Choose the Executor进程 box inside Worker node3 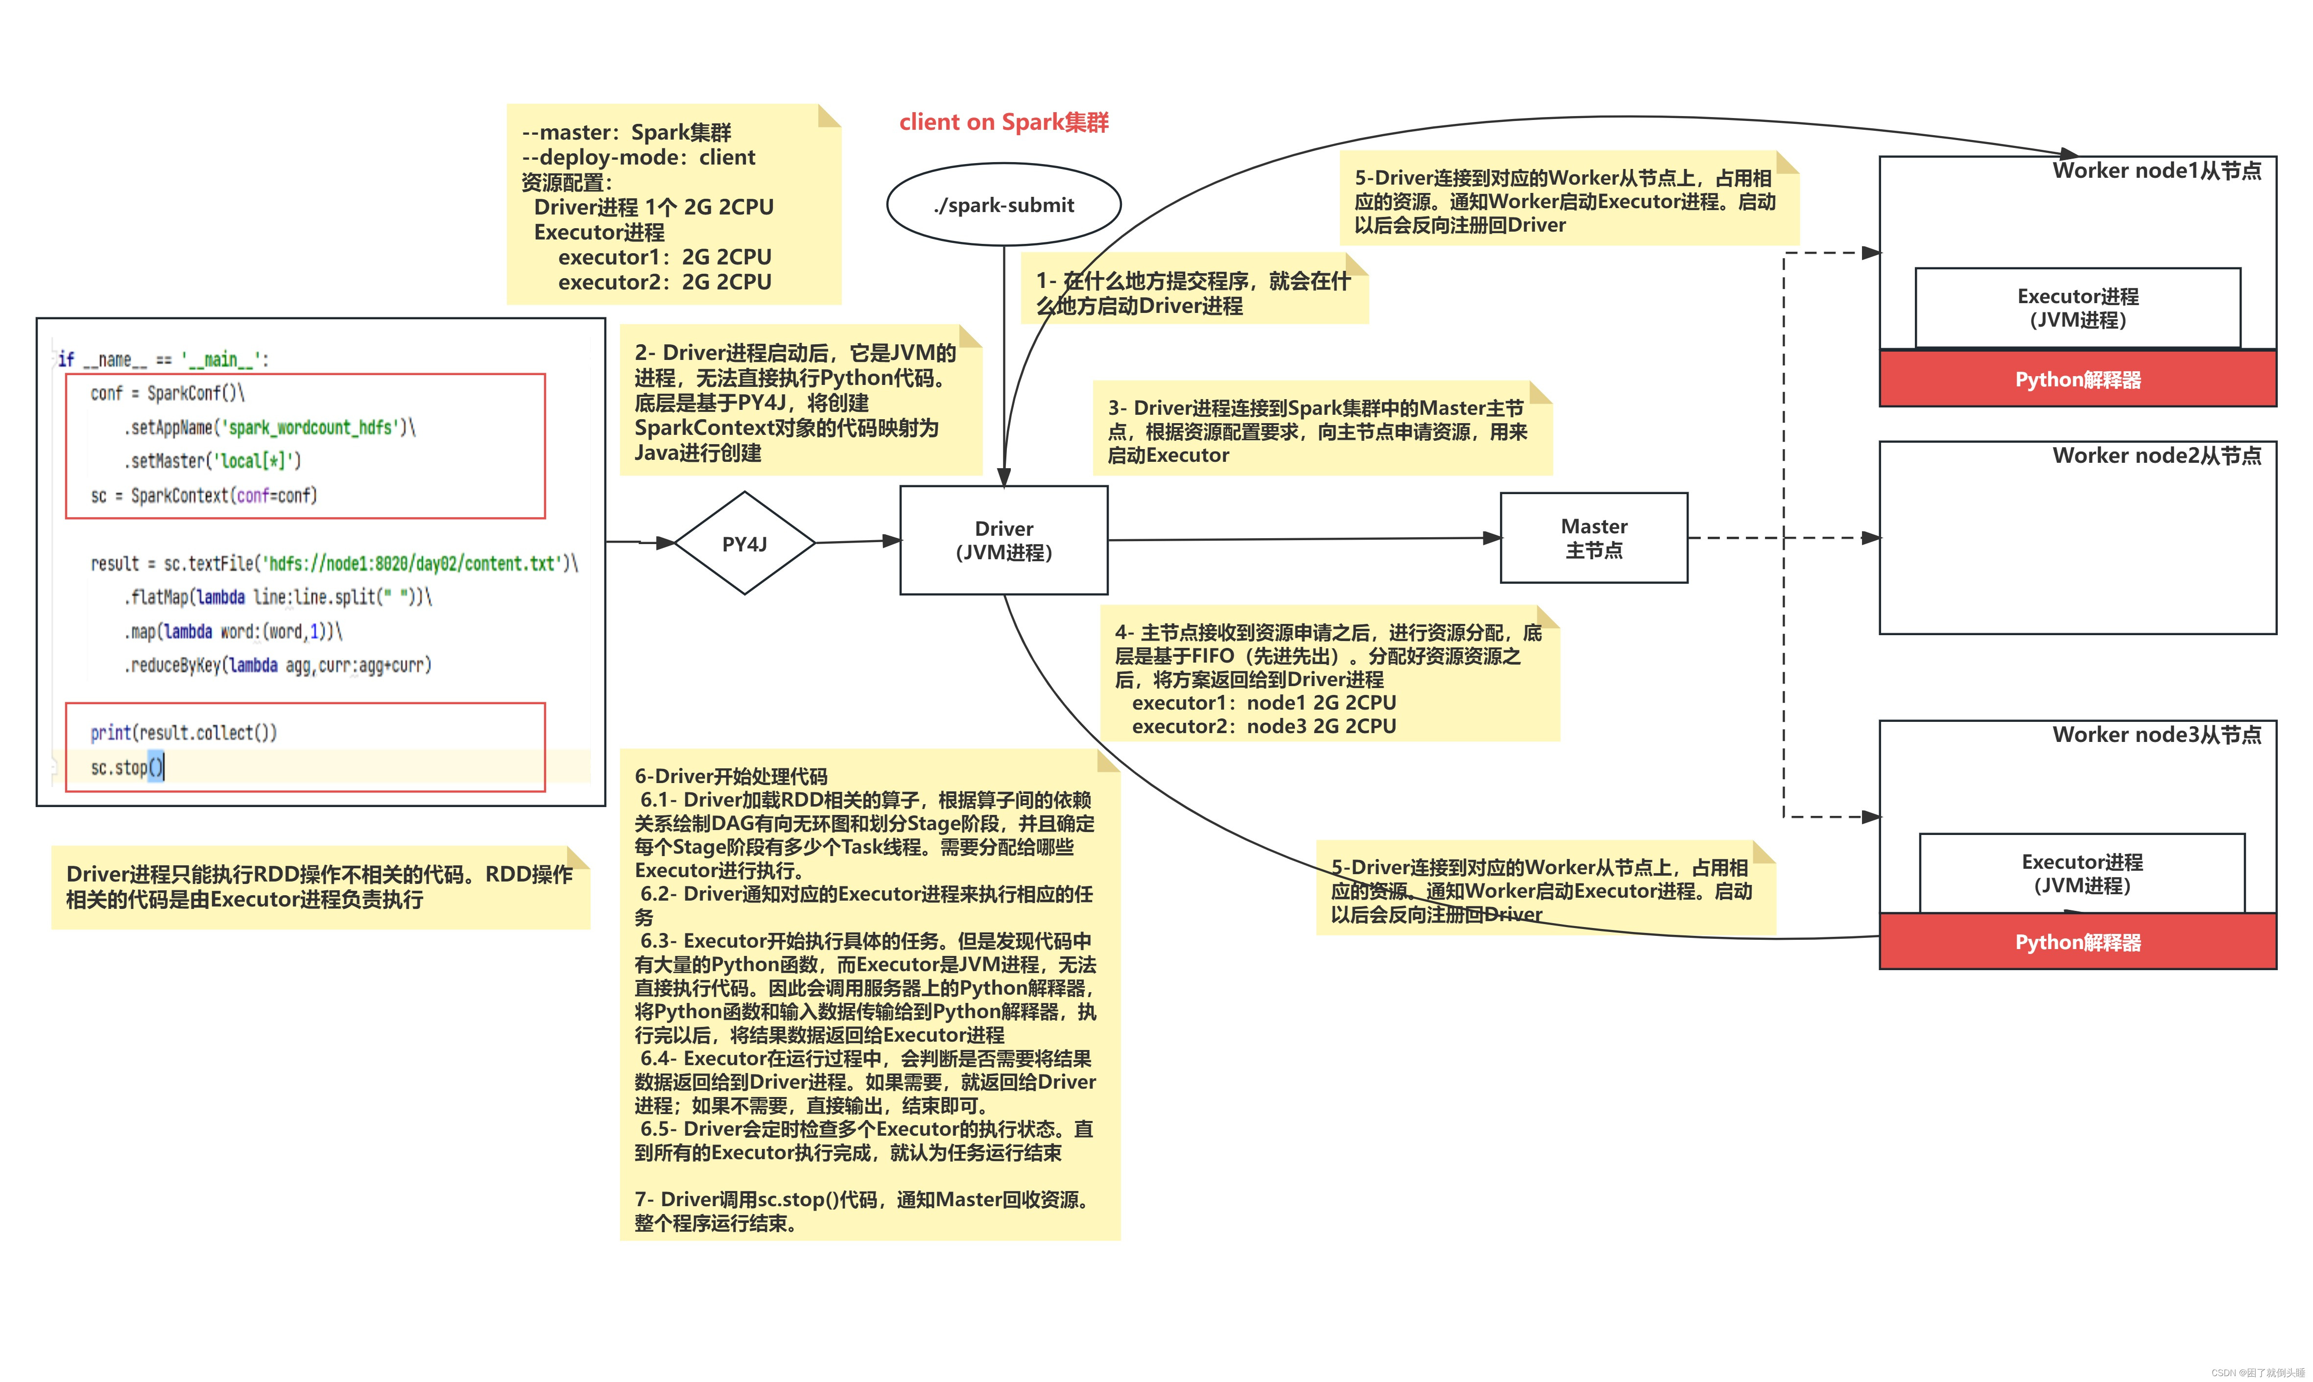tap(2081, 874)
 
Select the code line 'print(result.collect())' tap(184, 733)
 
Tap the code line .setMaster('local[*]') tap(213, 461)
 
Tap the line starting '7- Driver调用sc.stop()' tap(861, 1199)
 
